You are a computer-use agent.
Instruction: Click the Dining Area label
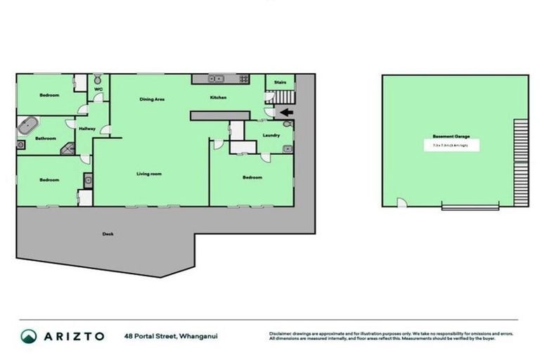pos(152,99)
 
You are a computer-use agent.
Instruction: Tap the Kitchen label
pos(218,98)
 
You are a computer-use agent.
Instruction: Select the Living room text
pos(149,174)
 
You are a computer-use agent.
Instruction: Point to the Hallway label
pos(87,129)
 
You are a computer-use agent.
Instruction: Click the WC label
pos(98,90)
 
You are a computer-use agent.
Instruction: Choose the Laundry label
pos(271,135)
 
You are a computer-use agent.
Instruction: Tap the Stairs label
pos(280,83)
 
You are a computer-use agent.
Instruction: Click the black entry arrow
pos(286,112)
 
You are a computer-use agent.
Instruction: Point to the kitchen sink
pos(219,78)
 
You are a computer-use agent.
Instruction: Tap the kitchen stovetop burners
pos(243,78)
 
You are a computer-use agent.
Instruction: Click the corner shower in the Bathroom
pos(67,148)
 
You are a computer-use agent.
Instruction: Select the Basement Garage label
pos(451,136)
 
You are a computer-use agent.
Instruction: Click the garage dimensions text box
pos(451,146)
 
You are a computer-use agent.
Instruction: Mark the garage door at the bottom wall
pos(470,206)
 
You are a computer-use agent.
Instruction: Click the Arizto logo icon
pos(28,336)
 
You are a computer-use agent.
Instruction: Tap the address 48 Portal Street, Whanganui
pos(171,336)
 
